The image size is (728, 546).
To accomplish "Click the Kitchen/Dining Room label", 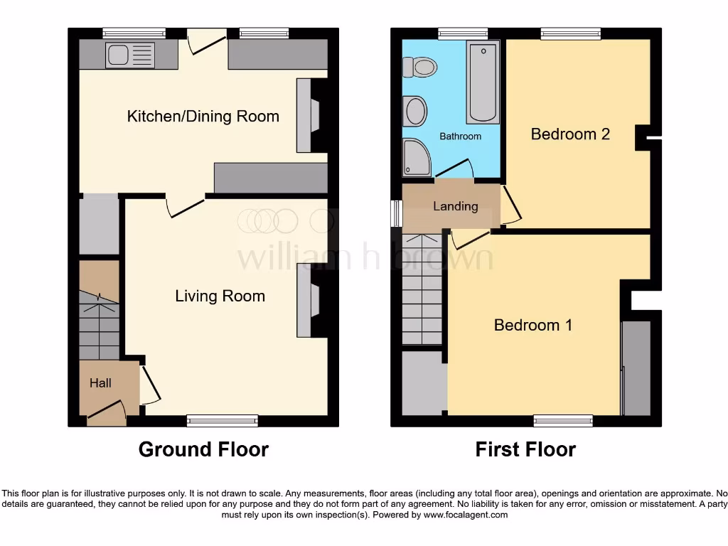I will point(203,116).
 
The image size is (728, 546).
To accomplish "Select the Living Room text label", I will point(220,296).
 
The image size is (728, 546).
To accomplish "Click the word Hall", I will point(100,383).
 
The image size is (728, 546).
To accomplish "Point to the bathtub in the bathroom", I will point(483,82).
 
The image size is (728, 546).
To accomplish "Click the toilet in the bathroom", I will point(419,68).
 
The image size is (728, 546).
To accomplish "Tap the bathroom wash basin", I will point(414,112).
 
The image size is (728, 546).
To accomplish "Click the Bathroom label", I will point(460,136).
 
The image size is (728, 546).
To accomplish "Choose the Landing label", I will point(455,206).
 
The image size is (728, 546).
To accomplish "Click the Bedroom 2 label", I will point(570,134).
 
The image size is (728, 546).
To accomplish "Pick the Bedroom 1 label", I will point(533,325).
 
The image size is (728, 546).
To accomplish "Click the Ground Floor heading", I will point(203,449).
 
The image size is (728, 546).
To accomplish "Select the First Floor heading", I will point(525,449).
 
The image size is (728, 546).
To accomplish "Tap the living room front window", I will point(223,421).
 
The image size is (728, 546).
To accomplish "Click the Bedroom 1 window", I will point(563,421).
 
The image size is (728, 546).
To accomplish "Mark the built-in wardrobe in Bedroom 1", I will point(636,368).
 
